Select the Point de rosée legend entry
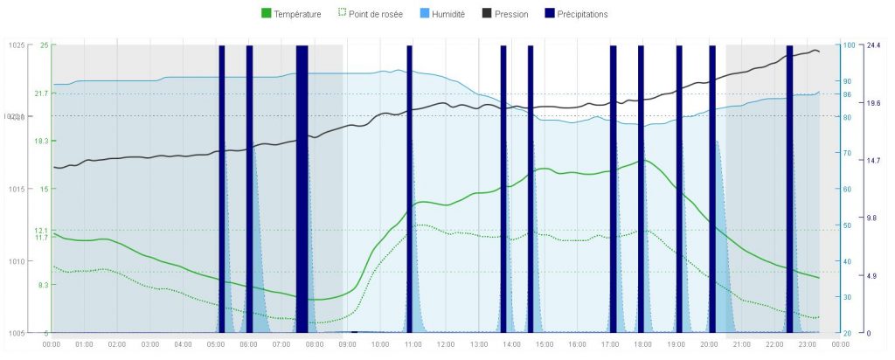pyautogui.click(x=369, y=14)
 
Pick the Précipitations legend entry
pyautogui.click(x=575, y=14)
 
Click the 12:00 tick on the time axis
pyautogui.click(x=446, y=344)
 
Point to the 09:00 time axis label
pyautogui.click(x=347, y=344)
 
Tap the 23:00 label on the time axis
pyautogui.click(x=807, y=344)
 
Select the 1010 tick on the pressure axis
pyautogui.click(x=16, y=260)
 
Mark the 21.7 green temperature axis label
pyautogui.click(x=41, y=93)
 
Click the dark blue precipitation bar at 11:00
pyautogui.click(x=409, y=188)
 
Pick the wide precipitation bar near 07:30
pyautogui.click(x=302, y=188)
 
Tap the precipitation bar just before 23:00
pyautogui.click(x=789, y=188)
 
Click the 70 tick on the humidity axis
pyautogui.click(x=846, y=153)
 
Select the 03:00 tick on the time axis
pyautogui.click(x=150, y=344)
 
